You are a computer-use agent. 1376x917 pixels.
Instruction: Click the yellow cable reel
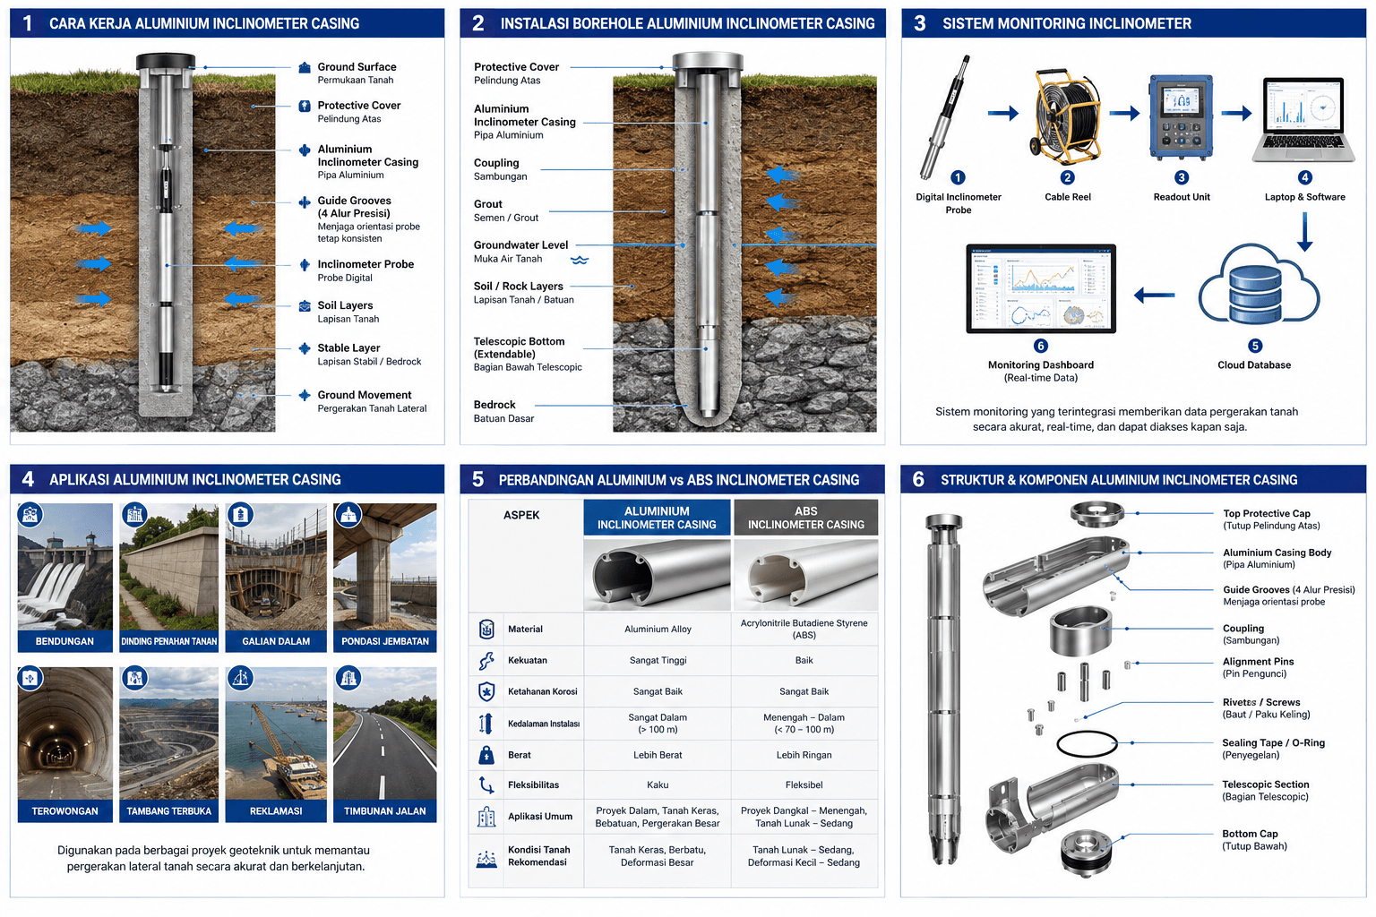click(1066, 116)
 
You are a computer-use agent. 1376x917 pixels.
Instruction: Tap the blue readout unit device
click(1182, 116)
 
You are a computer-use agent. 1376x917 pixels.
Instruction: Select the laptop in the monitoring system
click(1303, 120)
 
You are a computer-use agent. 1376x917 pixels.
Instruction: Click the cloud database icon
click(1258, 285)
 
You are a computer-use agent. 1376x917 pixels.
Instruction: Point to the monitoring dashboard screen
click(1041, 288)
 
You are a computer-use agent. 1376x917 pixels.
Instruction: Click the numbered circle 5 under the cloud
click(1255, 346)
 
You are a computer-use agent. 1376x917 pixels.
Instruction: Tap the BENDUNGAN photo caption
click(64, 641)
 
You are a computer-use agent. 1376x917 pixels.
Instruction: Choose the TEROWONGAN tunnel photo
click(65, 733)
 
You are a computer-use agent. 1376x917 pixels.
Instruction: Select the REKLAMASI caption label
click(276, 811)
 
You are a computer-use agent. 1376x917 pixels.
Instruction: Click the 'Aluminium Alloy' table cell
click(658, 629)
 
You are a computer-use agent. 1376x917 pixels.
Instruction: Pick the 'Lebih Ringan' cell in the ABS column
click(804, 755)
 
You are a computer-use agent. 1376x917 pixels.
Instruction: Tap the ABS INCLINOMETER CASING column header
click(805, 518)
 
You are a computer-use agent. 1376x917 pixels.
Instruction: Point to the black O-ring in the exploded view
click(1087, 744)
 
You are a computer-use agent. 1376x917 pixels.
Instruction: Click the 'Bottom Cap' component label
click(1250, 834)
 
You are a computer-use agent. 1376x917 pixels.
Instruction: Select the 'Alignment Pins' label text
click(1258, 662)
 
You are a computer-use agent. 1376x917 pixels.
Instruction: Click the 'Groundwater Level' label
click(520, 245)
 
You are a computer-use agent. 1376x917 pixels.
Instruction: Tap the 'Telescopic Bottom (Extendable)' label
click(519, 347)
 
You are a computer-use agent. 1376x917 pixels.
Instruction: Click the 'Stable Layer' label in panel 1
click(348, 347)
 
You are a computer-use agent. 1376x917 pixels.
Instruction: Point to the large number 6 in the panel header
click(917, 479)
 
